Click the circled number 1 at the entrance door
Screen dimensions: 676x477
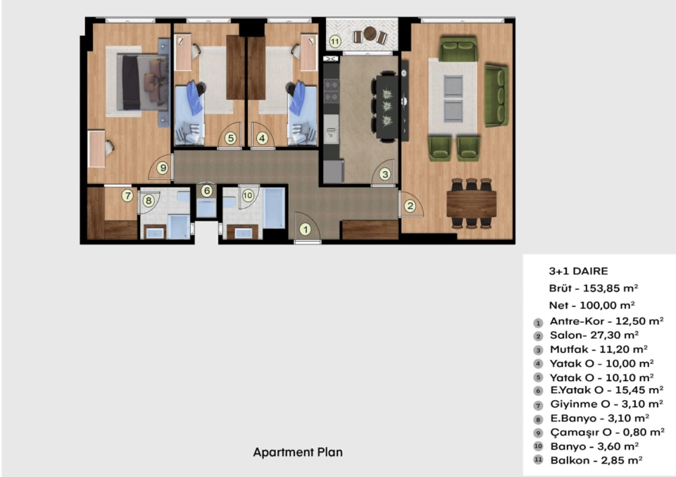click(305, 230)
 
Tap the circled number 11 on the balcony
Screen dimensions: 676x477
click(335, 42)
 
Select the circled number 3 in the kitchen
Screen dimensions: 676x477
click(385, 174)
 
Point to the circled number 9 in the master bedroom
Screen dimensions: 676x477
click(162, 168)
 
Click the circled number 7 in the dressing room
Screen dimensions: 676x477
click(127, 195)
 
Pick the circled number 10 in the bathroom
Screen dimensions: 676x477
click(247, 195)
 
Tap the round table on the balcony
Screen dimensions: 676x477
click(370, 33)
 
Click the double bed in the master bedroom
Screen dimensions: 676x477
click(143, 82)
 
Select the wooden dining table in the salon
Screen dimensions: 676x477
click(471, 204)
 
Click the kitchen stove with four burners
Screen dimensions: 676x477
click(331, 91)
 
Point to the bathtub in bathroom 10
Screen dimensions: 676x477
click(274, 209)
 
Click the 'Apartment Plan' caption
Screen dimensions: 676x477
click(298, 452)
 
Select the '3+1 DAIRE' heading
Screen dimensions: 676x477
click(578, 271)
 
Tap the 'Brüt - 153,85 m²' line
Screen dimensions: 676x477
click(593, 288)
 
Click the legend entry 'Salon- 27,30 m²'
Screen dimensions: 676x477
click(594, 335)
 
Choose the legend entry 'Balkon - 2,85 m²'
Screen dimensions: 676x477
click(596, 460)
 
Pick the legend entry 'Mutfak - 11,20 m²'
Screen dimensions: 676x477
click(599, 349)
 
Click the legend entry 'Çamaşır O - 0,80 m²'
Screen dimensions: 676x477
click(607, 432)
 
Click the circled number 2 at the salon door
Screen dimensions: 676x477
click(410, 206)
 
